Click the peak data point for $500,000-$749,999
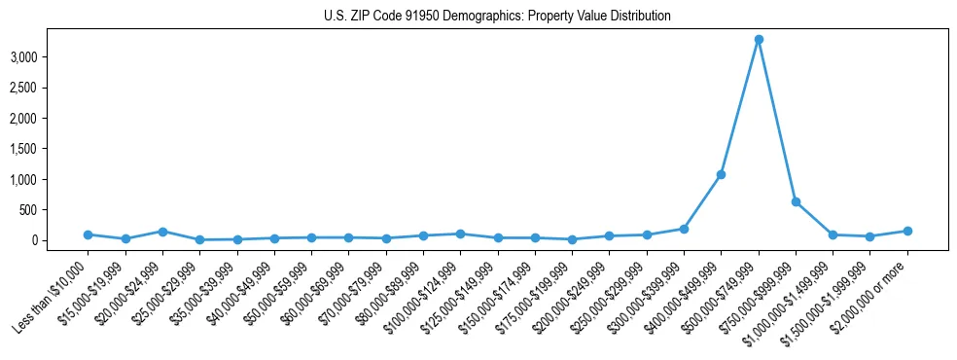point(759,40)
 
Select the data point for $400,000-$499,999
point(721,175)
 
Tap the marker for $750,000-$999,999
point(796,202)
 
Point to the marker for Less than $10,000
point(88,234)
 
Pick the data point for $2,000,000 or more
point(907,231)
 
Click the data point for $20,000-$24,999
point(162,232)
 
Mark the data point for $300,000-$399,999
point(684,229)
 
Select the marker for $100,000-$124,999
point(460,234)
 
